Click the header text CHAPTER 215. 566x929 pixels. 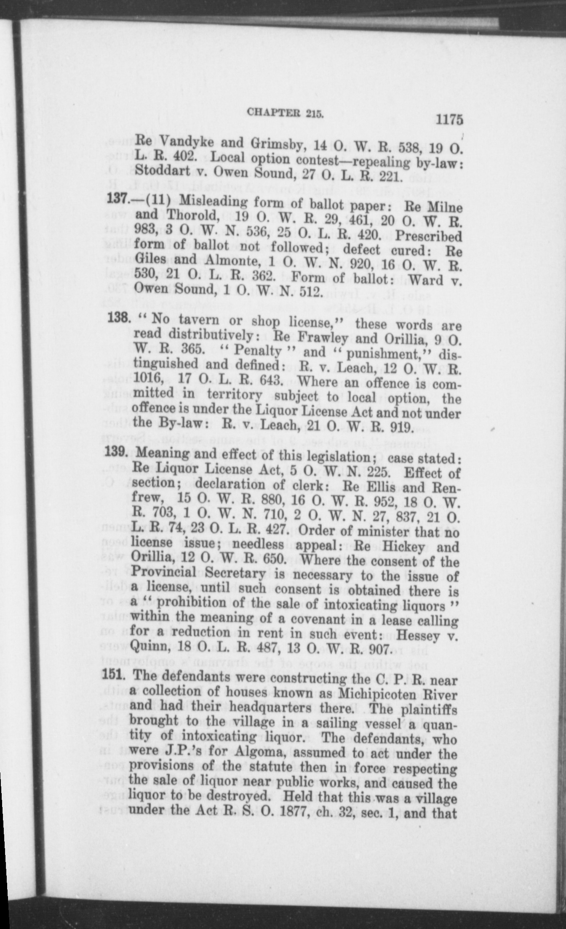(x=285, y=113)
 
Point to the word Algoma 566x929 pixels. (x=270, y=751)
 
